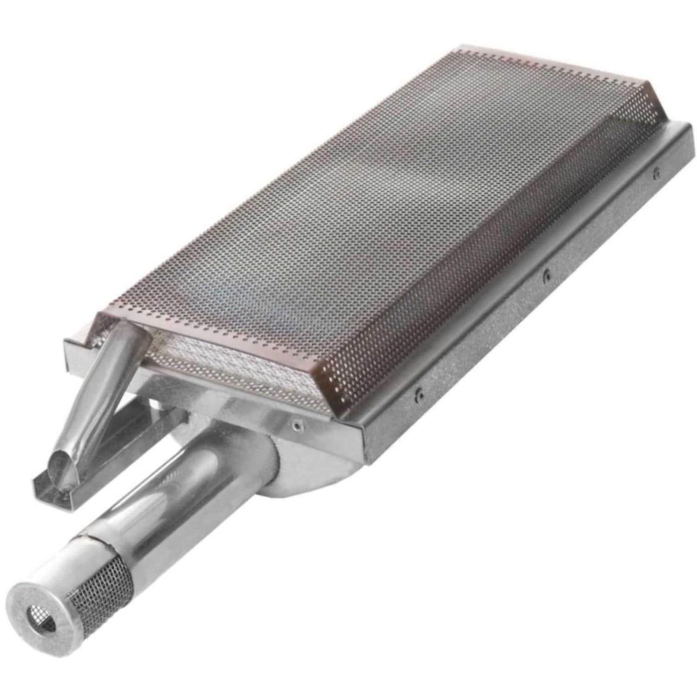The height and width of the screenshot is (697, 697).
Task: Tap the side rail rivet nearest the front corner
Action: pyautogui.click(x=419, y=395)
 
